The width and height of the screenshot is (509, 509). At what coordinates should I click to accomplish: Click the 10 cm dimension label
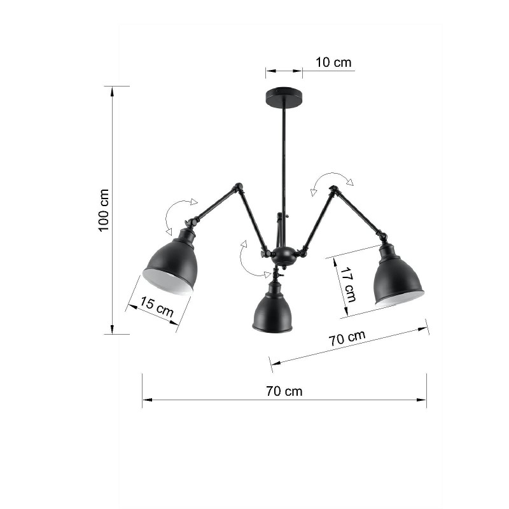[x=333, y=62]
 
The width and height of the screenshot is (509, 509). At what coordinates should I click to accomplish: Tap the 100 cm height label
[x=104, y=210]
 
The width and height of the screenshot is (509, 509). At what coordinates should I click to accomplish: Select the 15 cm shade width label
[x=157, y=307]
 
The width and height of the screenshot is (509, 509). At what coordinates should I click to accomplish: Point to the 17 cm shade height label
[x=348, y=284]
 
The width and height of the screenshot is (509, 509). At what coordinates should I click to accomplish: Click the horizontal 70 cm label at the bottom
[x=284, y=391]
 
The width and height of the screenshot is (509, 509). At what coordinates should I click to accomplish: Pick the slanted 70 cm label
[x=347, y=338]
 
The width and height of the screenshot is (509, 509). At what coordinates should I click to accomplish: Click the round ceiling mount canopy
[x=284, y=97]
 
